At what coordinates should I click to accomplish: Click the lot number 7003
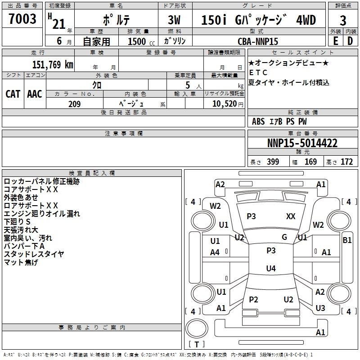click(x=22, y=18)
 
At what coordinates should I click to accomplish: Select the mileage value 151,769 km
click(x=53, y=64)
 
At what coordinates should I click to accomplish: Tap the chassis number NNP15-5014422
click(x=302, y=143)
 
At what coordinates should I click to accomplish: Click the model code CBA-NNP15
click(x=258, y=41)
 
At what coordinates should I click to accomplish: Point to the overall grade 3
click(x=343, y=20)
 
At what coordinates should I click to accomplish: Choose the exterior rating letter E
click(x=336, y=41)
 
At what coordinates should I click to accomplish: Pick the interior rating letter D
click(x=350, y=41)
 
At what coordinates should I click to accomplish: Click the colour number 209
click(x=74, y=104)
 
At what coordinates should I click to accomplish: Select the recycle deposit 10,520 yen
click(x=228, y=104)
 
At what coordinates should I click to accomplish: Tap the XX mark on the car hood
click(x=291, y=216)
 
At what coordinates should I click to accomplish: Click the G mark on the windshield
click(x=284, y=237)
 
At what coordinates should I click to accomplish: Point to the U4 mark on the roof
click(x=271, y=268)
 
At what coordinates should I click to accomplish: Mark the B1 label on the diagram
click(x=347, y=240)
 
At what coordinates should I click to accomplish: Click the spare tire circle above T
click(x=197, y=328)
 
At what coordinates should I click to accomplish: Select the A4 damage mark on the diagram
click(x=215, y=252)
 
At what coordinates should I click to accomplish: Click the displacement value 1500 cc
click(x=141, y=41)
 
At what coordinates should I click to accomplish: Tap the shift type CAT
click(x=13, y=94)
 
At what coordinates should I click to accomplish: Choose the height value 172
click(x=346, y=162)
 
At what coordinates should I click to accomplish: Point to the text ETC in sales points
click(x=258, y=72)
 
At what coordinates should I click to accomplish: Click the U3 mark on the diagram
click(x=320, y=308)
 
